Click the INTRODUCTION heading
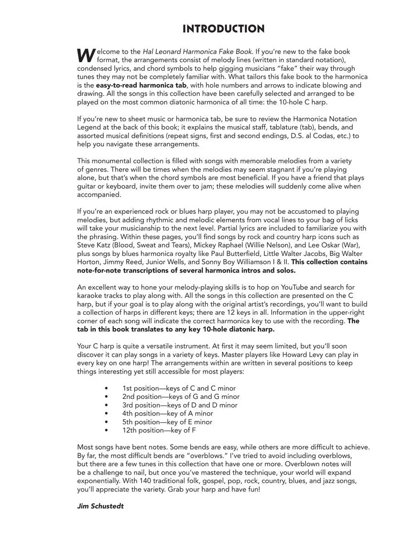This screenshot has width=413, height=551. coord(223,29)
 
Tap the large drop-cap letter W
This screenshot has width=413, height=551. coord(86,55)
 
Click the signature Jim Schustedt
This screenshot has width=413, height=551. coord(100,506)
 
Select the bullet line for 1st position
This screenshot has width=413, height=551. coord(179,388)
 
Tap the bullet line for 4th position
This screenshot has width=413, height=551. coord(167,414)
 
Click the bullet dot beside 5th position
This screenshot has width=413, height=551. coord(106,422)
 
